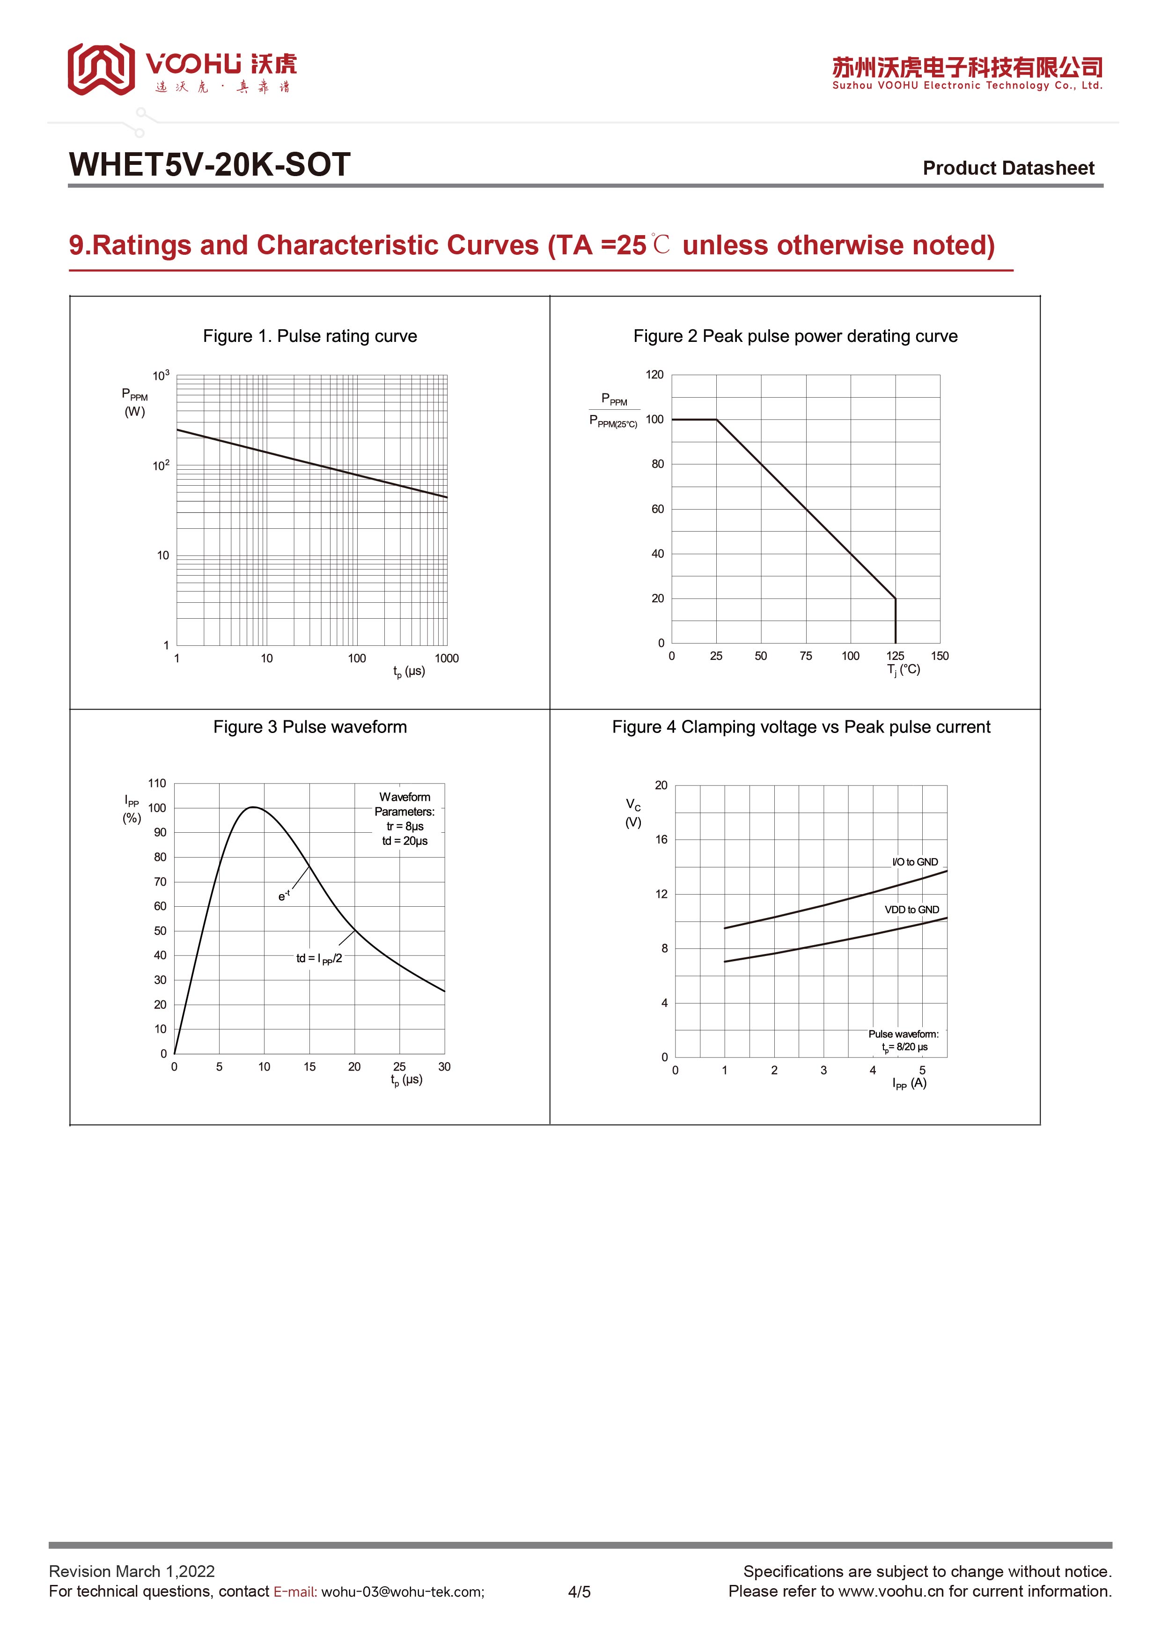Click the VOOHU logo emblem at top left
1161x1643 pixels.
[101, 69]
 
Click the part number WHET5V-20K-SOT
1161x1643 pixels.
[209, 164]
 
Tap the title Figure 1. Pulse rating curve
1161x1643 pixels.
[310, 336]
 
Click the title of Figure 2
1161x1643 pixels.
[795, 336]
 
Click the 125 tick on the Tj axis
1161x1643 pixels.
[895, 656]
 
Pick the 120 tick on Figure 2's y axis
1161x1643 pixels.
[654, 375]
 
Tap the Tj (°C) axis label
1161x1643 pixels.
[904, 670]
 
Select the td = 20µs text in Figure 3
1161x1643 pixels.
[405, 841]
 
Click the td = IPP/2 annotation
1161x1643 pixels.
[319, 958]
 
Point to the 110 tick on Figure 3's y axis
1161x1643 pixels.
[157, 784]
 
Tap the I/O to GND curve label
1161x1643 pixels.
[915, 862]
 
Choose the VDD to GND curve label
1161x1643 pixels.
[911, 910]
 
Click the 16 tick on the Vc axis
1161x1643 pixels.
[661, 839]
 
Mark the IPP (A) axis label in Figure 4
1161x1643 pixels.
[909, 1083]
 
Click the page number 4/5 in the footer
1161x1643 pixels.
[580, 1591]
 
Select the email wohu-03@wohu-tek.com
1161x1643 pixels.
[403, 1591]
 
